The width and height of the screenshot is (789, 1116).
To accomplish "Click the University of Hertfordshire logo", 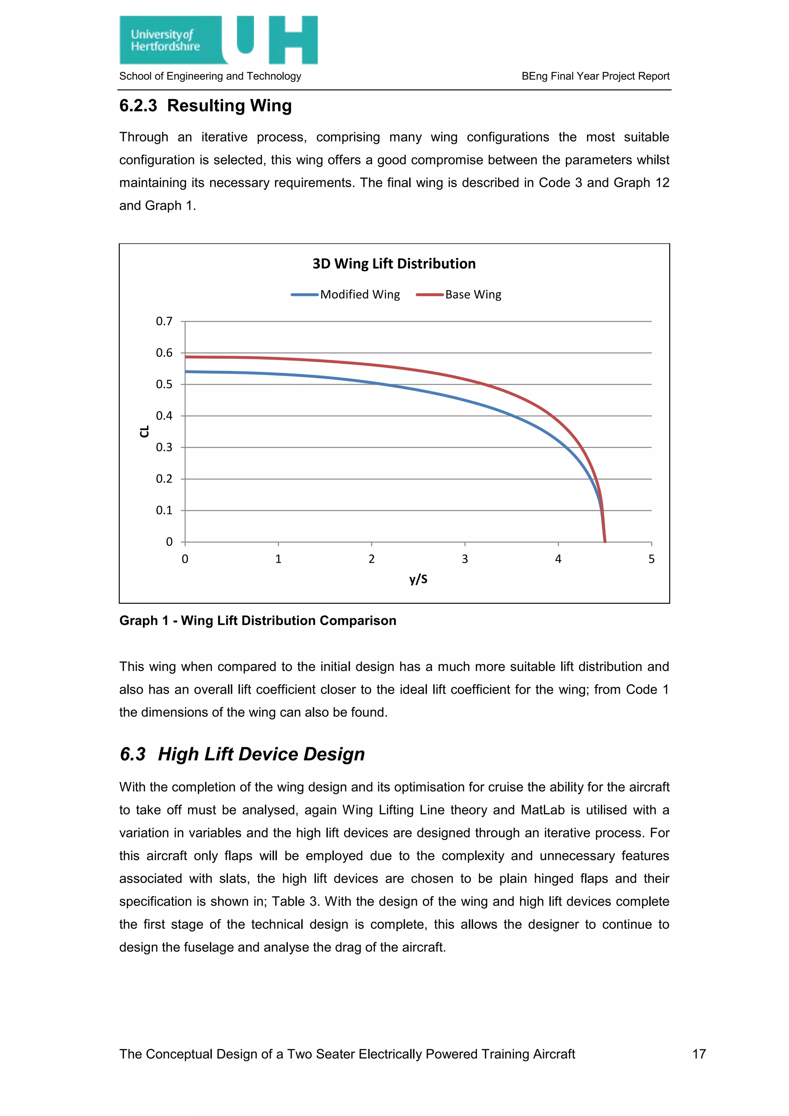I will [218, 40].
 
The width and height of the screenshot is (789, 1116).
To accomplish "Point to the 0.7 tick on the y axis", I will [164, 321].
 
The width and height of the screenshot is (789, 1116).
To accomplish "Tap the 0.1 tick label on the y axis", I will [164, 510].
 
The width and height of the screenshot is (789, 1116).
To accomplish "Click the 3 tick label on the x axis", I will [465, 559].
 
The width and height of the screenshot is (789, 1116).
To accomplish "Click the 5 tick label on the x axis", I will [651, 559].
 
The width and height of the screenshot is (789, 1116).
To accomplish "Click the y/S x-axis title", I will [418, 579].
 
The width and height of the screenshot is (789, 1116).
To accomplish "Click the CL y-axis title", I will [144, 431].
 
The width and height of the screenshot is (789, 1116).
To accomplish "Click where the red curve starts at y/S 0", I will [186, 357].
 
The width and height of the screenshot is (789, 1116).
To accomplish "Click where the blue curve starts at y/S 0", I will [186, 372].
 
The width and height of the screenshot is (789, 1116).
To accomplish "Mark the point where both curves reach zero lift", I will [605, 541].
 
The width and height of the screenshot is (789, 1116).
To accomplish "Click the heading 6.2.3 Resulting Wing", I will [205, 106].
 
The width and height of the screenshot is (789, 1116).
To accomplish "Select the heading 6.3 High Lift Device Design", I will [242, 754].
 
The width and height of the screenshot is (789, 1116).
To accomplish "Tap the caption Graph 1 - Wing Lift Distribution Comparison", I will [257, 621].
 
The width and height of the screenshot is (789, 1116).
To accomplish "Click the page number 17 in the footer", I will [698, 1054].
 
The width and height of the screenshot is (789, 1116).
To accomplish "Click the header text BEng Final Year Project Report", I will [595, 76].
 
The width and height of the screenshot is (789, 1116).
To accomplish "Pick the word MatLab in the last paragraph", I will [542, 810].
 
